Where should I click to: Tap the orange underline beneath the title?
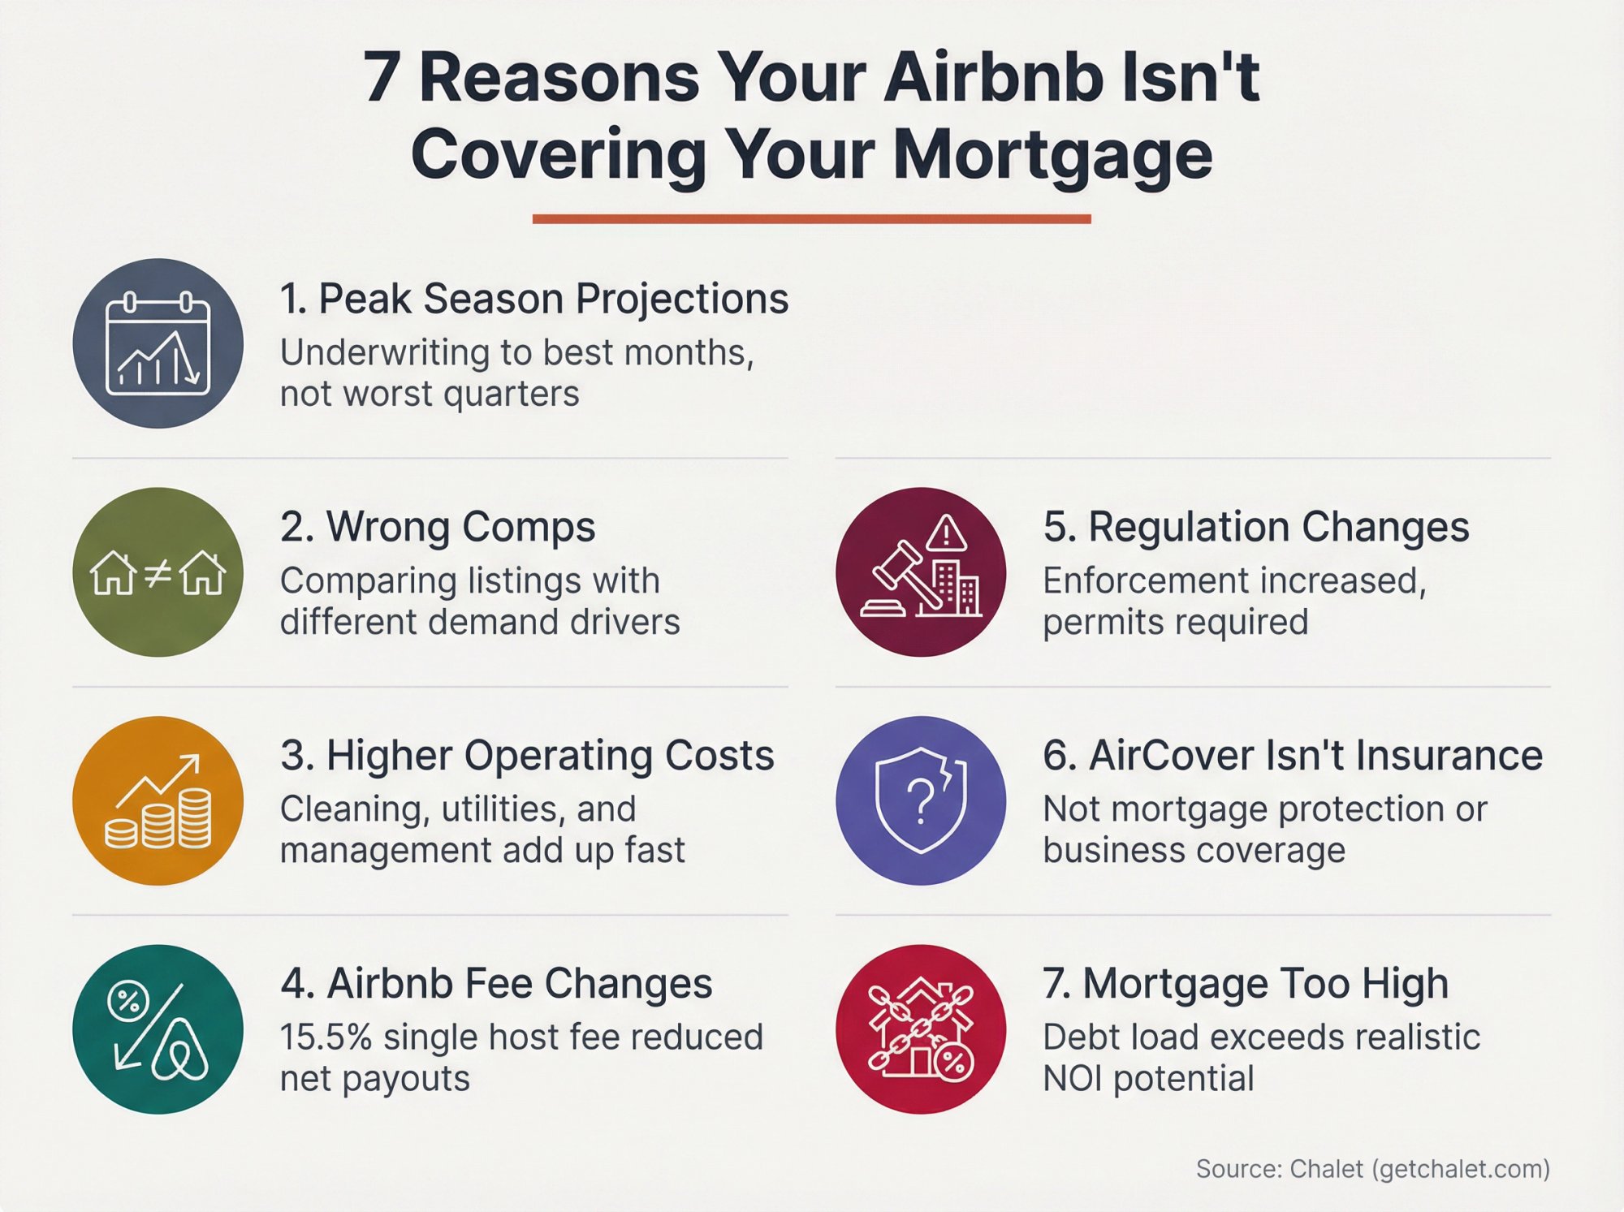pyautogui.click(x=811, y=218)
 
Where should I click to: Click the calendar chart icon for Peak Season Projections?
pyautogui.click(x=158, y=343)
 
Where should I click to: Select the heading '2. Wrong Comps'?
pyautogui.click(x=438, y=527)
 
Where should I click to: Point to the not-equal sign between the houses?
pyautogui.click(x=158, y=573)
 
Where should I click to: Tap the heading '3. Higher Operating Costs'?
pyautogui.click(x=527, y=755)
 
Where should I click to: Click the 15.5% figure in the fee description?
pyautogui.click(x=326, y=1037)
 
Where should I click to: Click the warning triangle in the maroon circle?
pyautogui.click(x=946, y=534)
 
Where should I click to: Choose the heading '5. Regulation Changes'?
pyautogui.click(x=1255, y=527)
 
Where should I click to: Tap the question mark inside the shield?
pyautogui.click(x=920, y=800)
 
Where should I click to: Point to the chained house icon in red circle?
pyautogui.click(x=920, y=1029)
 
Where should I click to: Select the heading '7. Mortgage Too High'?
pyautogui.click(x=1246, y=983)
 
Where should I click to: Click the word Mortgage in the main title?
pyautogui.click(x=1052, y=154)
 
